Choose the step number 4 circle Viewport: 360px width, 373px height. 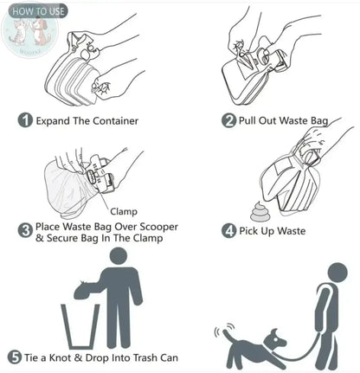pyautogui.click(x=229, y=231)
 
